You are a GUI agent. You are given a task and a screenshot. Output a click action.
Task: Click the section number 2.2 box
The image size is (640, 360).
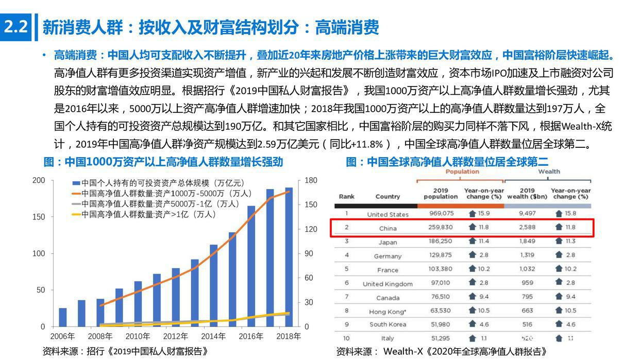pos(15,27)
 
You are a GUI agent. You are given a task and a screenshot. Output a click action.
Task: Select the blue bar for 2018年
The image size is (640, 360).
pos(289,258)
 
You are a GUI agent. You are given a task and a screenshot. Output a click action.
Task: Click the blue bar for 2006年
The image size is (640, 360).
pos(63,317)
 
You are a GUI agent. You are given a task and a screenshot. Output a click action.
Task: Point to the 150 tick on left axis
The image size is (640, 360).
pos(39,217)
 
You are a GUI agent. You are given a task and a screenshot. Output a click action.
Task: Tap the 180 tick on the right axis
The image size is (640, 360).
pos(311,180)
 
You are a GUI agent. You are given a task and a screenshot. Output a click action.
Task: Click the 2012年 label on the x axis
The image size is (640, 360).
pos(176,336)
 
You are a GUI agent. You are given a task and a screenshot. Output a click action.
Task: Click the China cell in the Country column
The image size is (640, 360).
pos(388,228)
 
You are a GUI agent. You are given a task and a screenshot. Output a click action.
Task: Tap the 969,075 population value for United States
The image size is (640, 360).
pos(441,213)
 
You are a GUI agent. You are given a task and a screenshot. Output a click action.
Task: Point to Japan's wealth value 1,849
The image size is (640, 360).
pos(527,241)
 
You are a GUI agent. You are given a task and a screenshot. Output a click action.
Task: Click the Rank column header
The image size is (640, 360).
pos(347,196)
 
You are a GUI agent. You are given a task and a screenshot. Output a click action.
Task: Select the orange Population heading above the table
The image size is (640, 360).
pos(462,172)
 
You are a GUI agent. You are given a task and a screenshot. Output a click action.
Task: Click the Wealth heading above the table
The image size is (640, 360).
pos(549,172)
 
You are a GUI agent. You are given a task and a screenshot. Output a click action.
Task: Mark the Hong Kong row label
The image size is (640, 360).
pos(388,311)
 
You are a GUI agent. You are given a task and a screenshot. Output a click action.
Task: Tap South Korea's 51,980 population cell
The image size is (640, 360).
pos(441,324)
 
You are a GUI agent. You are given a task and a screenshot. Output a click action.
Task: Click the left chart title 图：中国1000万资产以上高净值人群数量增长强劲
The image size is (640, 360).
pos(163,162)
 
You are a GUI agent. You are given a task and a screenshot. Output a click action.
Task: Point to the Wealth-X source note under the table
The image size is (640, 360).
pos(441,351)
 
